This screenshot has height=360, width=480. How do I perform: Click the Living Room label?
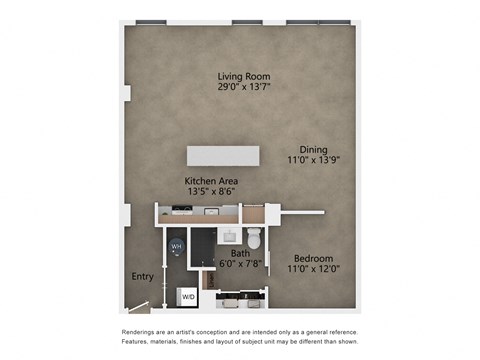click(244, 76)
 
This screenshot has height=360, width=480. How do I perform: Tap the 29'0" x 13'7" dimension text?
click(244, 87)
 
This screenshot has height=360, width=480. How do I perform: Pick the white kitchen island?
click(223, 155)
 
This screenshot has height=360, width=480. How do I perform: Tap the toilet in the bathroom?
click(254, 238)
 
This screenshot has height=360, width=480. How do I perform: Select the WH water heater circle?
click(177, 246)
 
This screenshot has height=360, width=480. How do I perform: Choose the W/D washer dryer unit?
click(188, 296)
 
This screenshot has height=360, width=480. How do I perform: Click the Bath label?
click(240, 254)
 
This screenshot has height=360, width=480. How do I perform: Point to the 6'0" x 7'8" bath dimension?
click(240, 264)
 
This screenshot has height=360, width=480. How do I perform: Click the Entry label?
click(142, 277)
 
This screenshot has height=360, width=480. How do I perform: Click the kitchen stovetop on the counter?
click(181, 210)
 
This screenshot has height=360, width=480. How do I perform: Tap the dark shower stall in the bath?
click(203, 246)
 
